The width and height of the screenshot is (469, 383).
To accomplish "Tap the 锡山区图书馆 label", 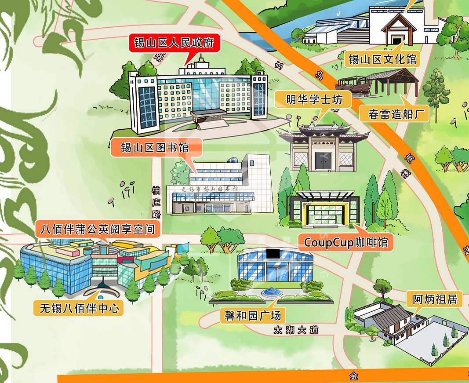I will (x=155, y=147).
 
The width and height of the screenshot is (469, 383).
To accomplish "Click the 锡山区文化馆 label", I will (x=382, y=59).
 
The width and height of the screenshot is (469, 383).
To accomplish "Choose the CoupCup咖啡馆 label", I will (x=346, y=242).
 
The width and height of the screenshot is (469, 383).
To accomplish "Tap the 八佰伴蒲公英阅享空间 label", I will (x=98, y=229).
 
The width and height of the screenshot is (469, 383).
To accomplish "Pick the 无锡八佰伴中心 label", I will (x=80, y=308).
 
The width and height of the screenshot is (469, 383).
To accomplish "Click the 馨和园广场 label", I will (x=253, y=315).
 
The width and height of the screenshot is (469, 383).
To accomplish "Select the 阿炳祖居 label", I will (x=435, y=300).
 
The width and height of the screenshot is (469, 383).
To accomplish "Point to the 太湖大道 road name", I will (x=295, y=330).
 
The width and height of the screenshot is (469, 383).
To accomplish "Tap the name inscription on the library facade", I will (x=210, y=189).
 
